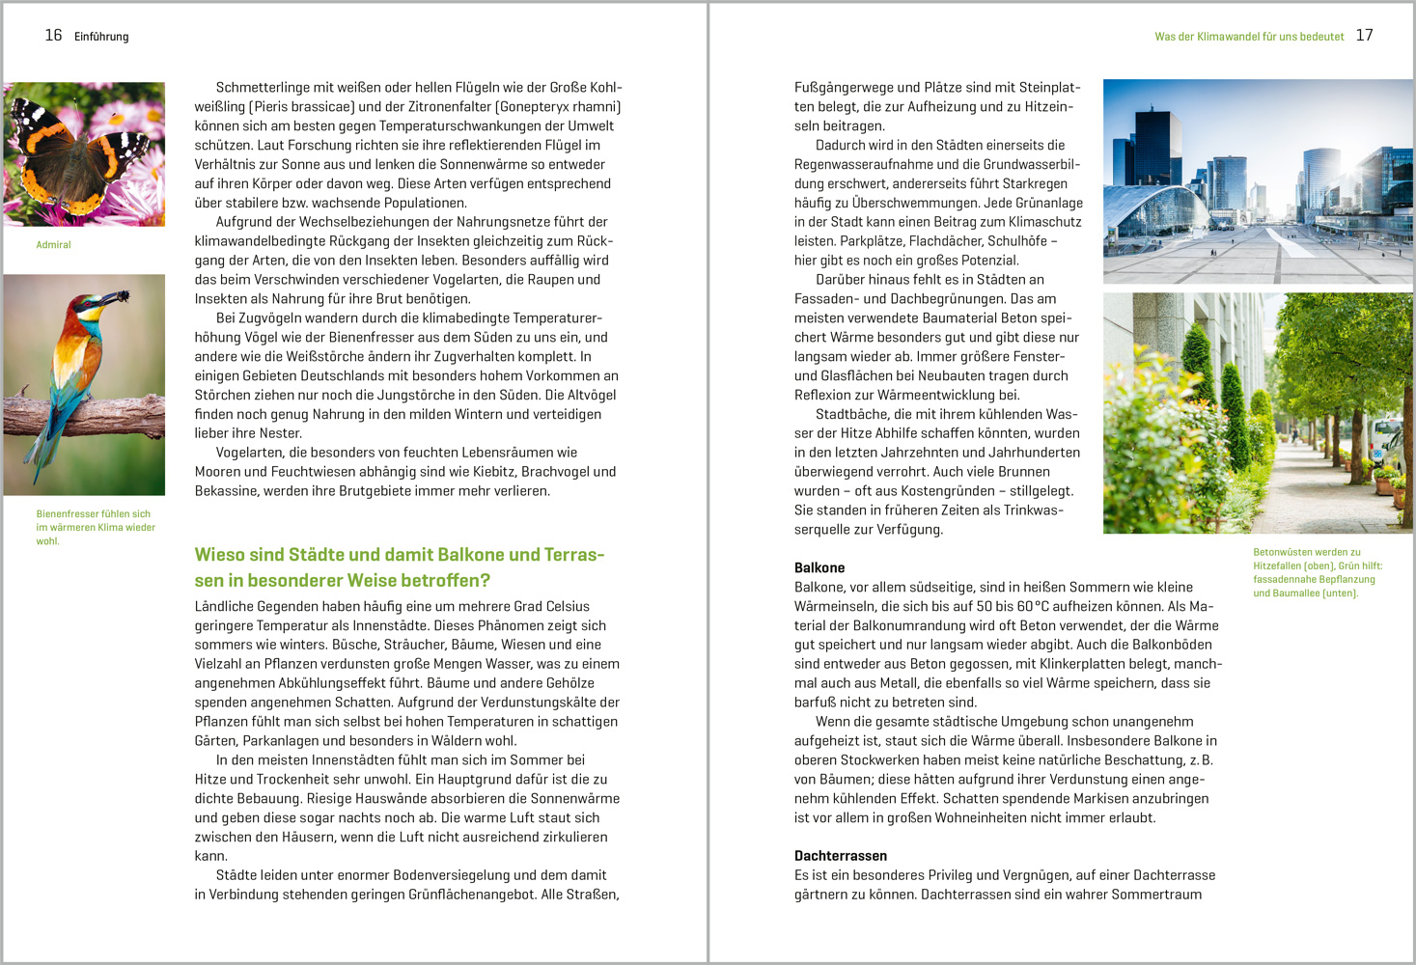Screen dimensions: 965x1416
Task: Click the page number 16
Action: (x=53, y=36)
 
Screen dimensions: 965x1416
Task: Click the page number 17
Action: (x=1364, y=36)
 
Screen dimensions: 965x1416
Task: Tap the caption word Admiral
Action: (x=53, y=245)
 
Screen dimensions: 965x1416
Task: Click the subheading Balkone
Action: (x=819, y=567)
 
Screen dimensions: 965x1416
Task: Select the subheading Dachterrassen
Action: (x=840, y=856)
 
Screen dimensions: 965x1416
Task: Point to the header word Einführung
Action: (x=101, y=37)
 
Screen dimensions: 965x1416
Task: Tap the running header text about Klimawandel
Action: (x=1249, y=37)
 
